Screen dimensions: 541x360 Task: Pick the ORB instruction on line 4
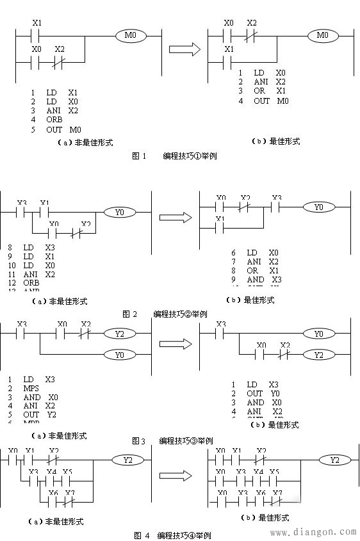point(54,120)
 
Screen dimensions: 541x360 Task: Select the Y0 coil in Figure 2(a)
point(118,211)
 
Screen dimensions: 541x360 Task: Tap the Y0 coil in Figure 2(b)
point(315,207)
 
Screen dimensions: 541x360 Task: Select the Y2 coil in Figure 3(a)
point(119,334)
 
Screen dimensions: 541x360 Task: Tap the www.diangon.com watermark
point(314,531)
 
